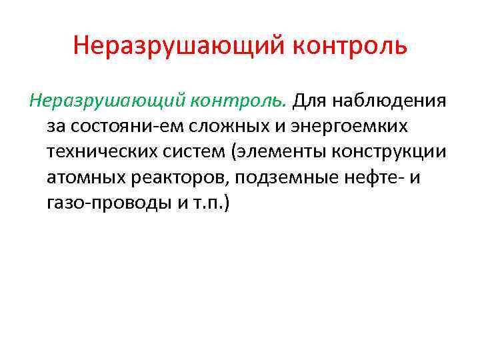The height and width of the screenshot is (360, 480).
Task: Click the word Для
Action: coord(309,101)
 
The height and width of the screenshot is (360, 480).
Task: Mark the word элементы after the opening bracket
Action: coord(273,152)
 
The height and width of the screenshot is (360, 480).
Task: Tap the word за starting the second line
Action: coord(55,127)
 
